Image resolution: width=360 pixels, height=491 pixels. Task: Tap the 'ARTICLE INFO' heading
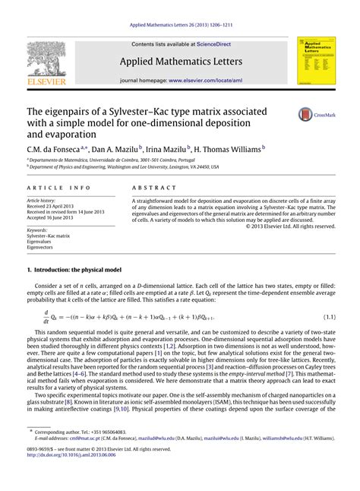56,187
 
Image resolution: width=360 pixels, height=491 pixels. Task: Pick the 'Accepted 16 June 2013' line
53,217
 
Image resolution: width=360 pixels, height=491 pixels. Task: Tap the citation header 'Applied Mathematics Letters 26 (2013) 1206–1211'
179,24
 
